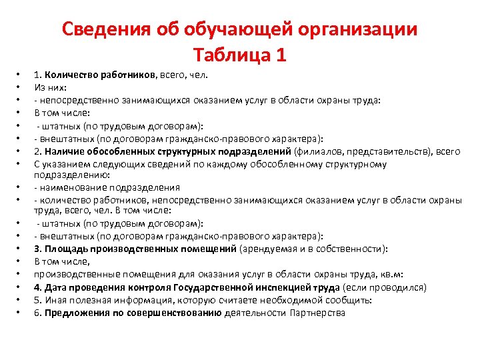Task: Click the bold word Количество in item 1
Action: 72,75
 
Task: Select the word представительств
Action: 400,151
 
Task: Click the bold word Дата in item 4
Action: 57,287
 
